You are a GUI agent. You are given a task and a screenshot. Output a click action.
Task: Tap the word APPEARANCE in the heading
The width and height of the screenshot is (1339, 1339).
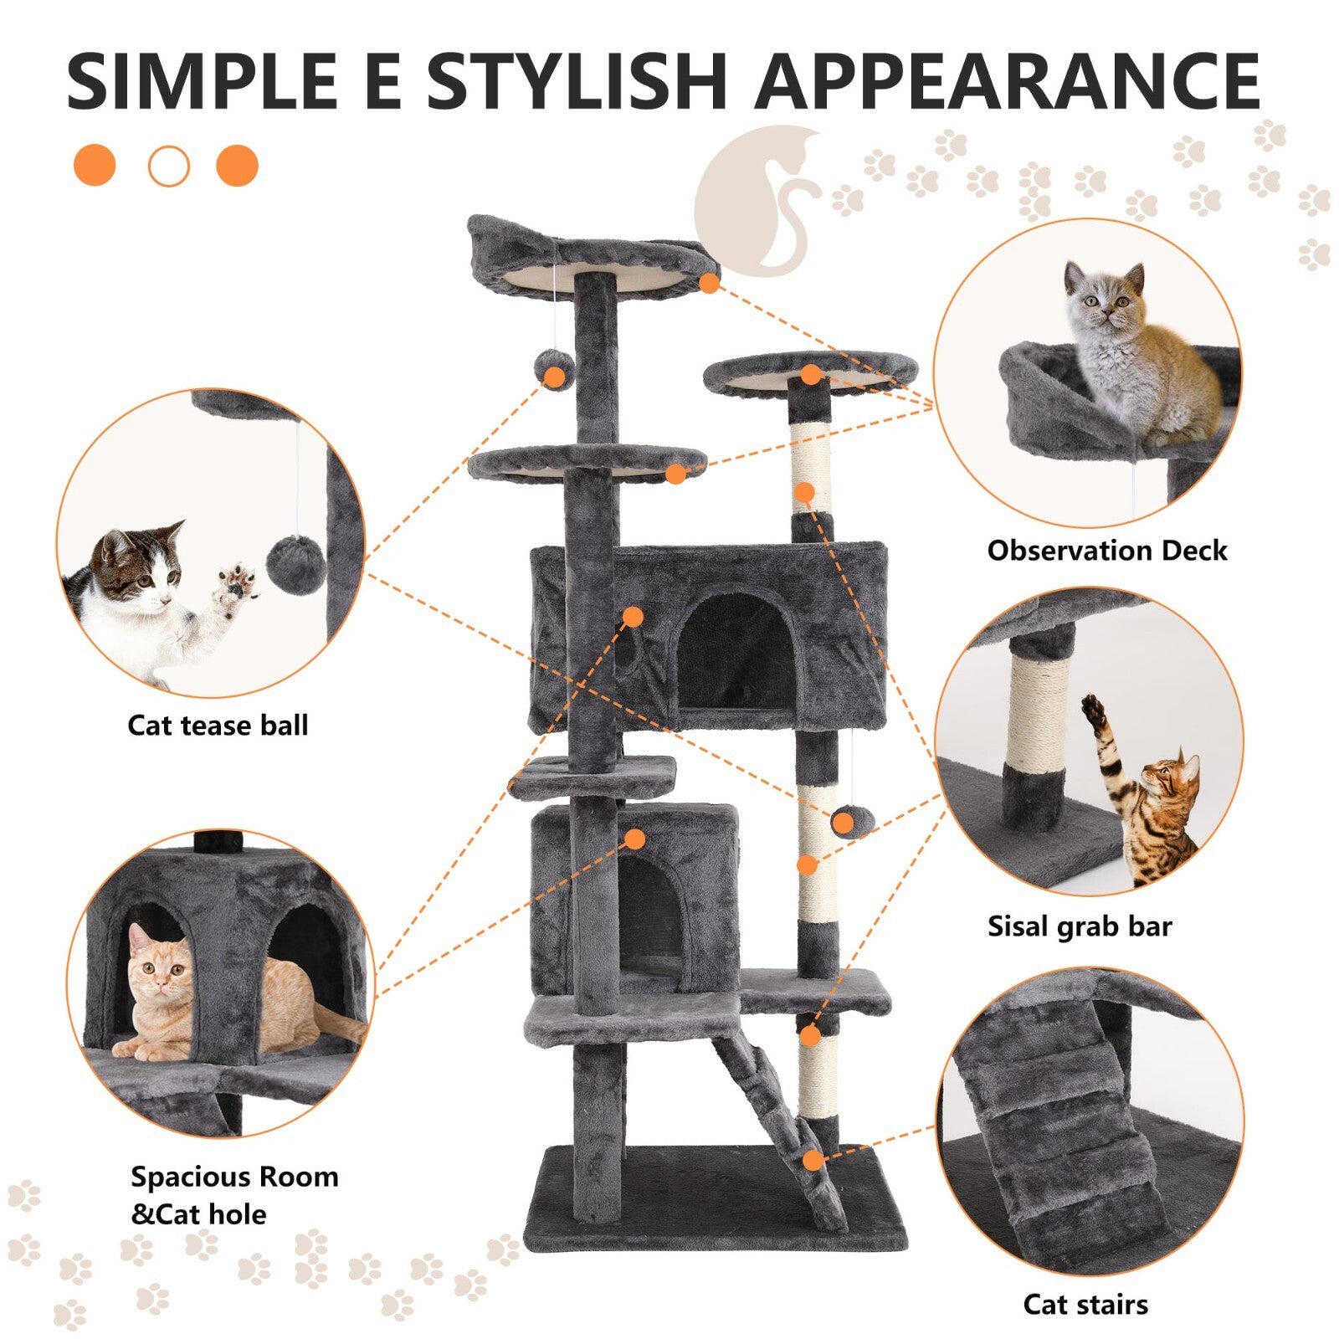(x=1008, y=81)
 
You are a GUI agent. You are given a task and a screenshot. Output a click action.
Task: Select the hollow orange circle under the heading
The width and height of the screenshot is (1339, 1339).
(x=169, y=166)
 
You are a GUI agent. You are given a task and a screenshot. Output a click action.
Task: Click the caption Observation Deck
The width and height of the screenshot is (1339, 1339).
(x=1106, y=551)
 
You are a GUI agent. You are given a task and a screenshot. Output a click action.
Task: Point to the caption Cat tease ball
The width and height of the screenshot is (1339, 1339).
(x=218, y=725)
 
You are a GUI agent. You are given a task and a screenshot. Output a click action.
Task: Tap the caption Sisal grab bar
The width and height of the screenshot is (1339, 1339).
(x=1080, y=926)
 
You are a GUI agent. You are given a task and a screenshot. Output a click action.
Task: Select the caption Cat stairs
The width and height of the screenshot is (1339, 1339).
(x=1085, y=1304)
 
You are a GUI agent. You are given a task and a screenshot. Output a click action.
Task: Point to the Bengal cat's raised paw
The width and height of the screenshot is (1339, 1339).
(x=1093, y=711)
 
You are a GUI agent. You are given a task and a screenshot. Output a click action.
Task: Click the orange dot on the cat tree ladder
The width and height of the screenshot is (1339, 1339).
(x=812, y=1161)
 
